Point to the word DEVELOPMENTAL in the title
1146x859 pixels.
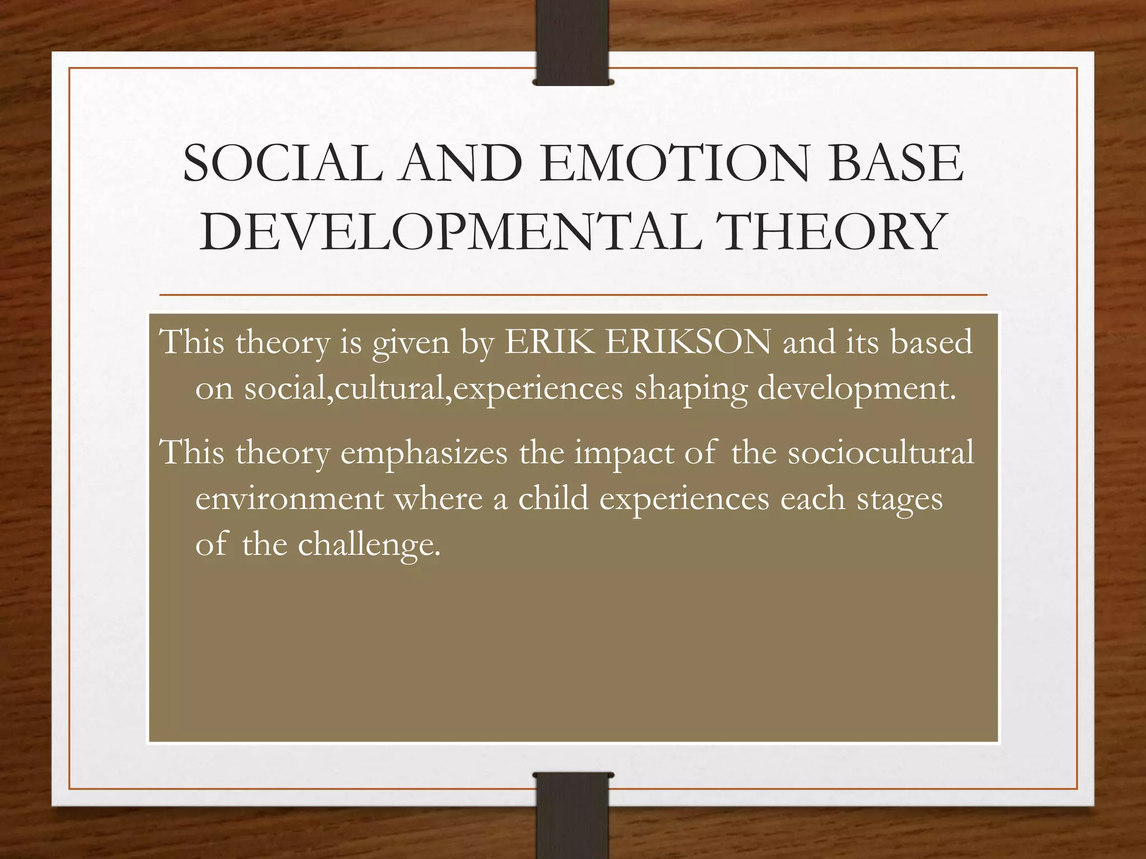tap(450, 232)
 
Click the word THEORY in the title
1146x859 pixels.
tap(832, 232)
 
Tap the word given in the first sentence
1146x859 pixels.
tap(411, 343)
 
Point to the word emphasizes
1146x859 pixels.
tap(424, 452)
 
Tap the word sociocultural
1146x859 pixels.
tap(881, 452)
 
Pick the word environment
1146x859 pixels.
tap(289, 498)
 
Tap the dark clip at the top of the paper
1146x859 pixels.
tap(572, 42)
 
